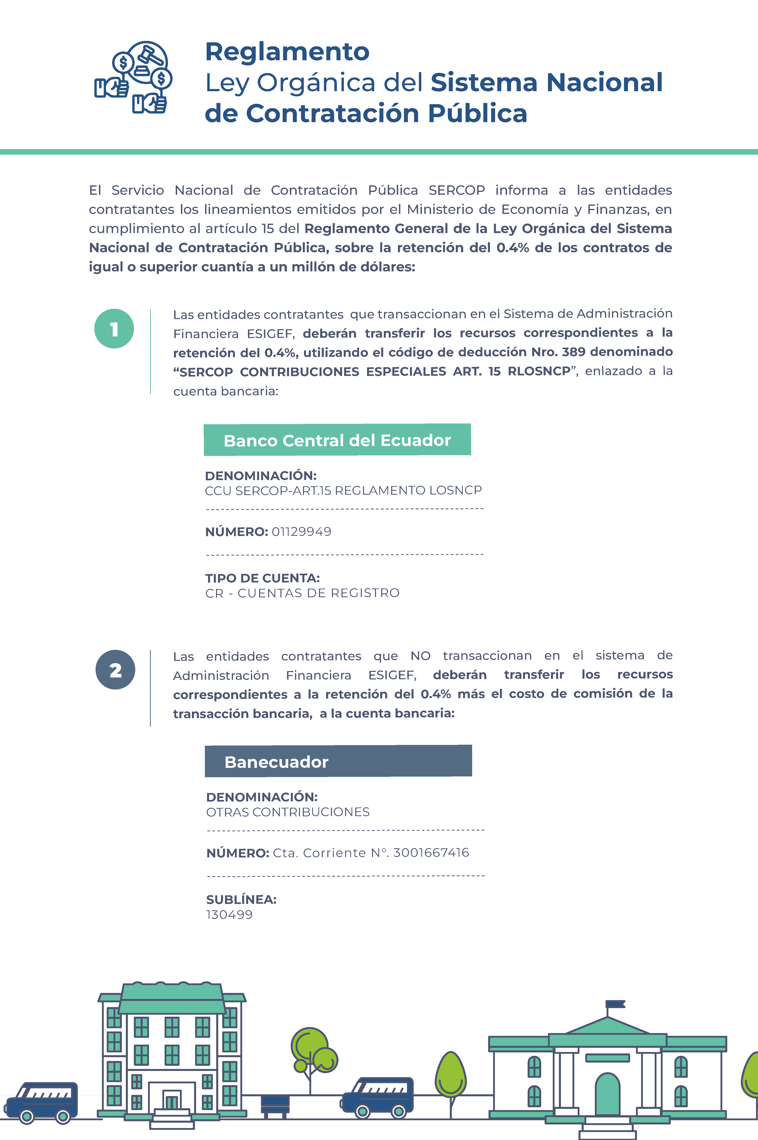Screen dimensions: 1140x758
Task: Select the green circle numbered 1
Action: [114, 329]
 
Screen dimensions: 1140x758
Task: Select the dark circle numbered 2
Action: [115, 670]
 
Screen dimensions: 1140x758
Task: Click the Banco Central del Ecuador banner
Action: [337, 440]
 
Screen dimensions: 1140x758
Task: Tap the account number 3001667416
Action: [431, 852]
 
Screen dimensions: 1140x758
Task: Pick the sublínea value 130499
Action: [229, 915]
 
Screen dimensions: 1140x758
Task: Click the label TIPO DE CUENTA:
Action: [262, 578]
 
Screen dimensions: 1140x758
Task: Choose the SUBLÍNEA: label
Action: [241, 899]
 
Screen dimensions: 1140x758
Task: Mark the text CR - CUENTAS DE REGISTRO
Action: [302, 593]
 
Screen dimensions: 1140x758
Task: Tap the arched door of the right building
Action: [607, 1095]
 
